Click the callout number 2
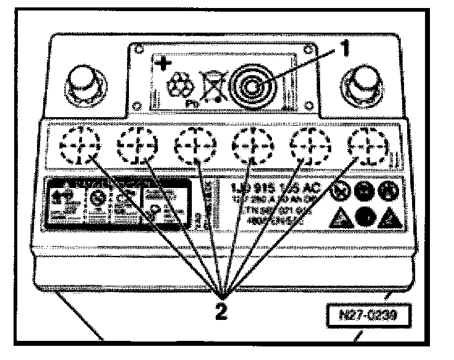[x=221, y=307]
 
